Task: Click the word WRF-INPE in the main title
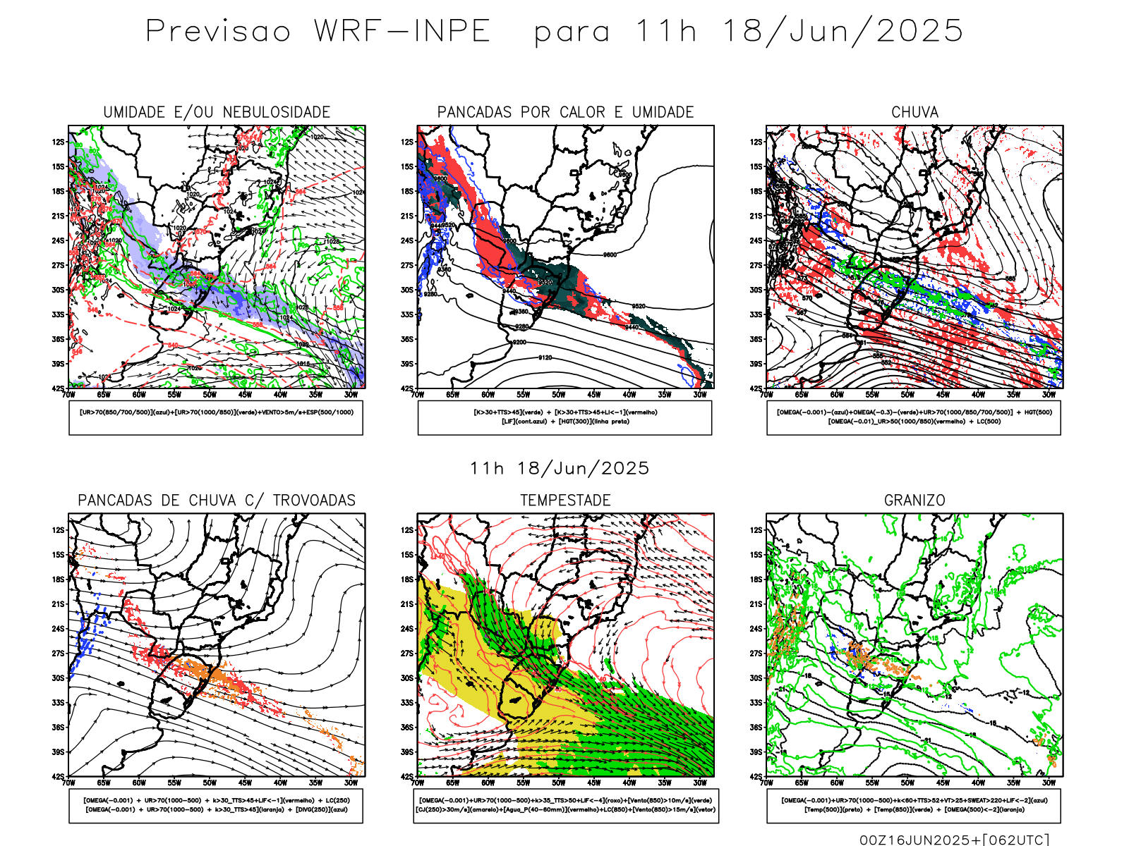coord(402,32)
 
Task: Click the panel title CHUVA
coord(914,112)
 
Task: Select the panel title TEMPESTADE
coord(565,501)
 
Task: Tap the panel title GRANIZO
coord(914,501)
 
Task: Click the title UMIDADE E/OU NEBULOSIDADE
coord(217,112)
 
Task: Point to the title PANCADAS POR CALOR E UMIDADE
coord(565,112)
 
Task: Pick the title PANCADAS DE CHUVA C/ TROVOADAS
coord(217,501)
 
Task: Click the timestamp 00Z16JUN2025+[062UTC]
coord(954,840)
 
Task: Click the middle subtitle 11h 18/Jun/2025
coord(560,468)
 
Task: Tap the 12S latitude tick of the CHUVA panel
coord(756,142)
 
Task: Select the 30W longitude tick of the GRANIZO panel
coord(1049,783)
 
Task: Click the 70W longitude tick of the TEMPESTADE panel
coord(418,783)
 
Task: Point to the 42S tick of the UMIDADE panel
coord(58,388)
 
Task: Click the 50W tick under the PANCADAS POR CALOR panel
coord(559,395)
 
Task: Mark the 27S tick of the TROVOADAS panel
coord(58,654)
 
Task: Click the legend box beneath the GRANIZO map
coord(914,805)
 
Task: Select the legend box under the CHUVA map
coord(914,417)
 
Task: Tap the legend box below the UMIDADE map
coord(216,417)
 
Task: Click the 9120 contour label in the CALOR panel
coord(545,358)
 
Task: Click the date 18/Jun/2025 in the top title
coord(843,32)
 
